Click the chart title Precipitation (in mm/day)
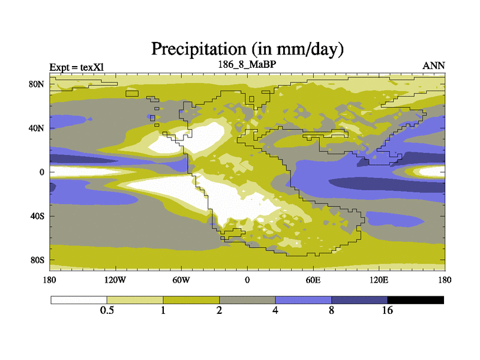coord(247,48)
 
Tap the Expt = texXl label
coord(77,67)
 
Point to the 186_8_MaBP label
coord(247,64)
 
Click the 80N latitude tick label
coord(38,84)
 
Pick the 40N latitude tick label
coord(38,128)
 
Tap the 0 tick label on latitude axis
coord(42,172)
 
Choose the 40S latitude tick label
coord(38,216)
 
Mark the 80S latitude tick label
coord(38,260)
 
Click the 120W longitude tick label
coord(115,280)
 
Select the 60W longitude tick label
coord(181,280)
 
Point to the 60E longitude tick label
coord(313,280)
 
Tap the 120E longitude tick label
coord(379,280)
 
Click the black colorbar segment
coord(416,299)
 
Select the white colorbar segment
coord(79,299)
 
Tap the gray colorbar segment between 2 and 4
coord(247,299)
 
